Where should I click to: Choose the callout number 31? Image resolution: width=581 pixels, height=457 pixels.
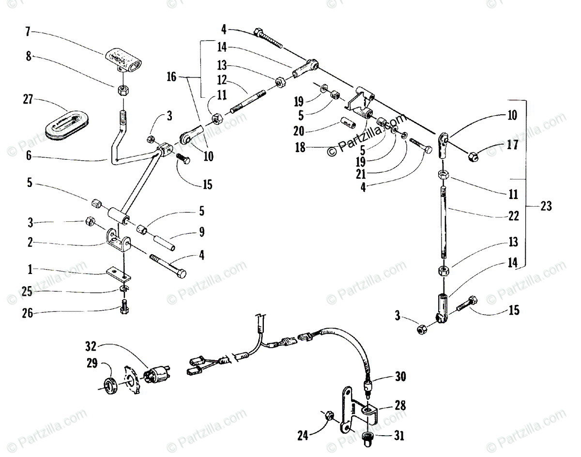coord(399,436)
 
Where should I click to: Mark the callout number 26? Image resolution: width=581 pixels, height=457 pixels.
coord(27,314)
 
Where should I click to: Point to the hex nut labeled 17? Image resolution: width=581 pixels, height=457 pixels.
coord(473,156)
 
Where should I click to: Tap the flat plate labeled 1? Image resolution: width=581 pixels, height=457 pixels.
coord(119,274)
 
